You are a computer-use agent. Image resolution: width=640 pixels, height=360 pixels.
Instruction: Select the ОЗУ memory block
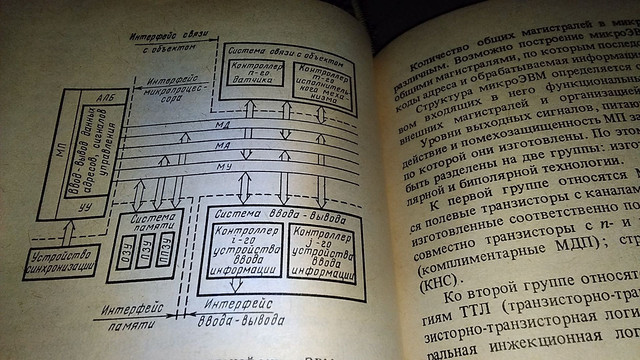125,248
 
